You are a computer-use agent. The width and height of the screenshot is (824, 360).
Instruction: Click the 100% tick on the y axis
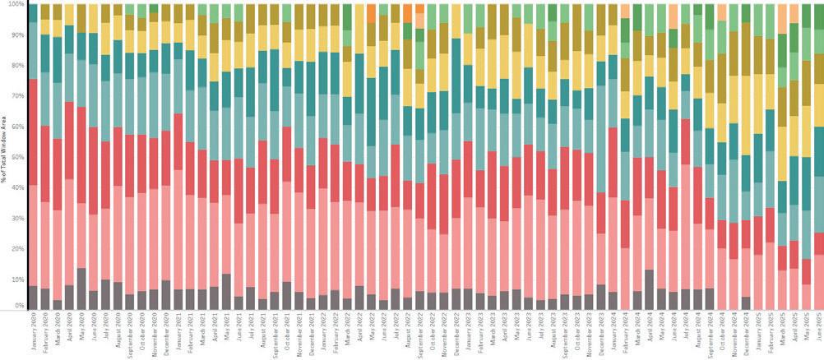(x=13, y=5)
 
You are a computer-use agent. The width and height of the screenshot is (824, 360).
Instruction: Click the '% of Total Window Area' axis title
(x=4, y=156)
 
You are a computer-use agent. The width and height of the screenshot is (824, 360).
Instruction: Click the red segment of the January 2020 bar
(x=33, y=132)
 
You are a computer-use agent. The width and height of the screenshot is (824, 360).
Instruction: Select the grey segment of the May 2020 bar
(x=81, y=288)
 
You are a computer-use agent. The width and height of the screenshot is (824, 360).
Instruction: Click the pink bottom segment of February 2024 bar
(x=626, y=279)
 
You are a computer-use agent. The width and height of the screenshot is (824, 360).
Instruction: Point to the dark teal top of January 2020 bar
(x=33, y=12)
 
